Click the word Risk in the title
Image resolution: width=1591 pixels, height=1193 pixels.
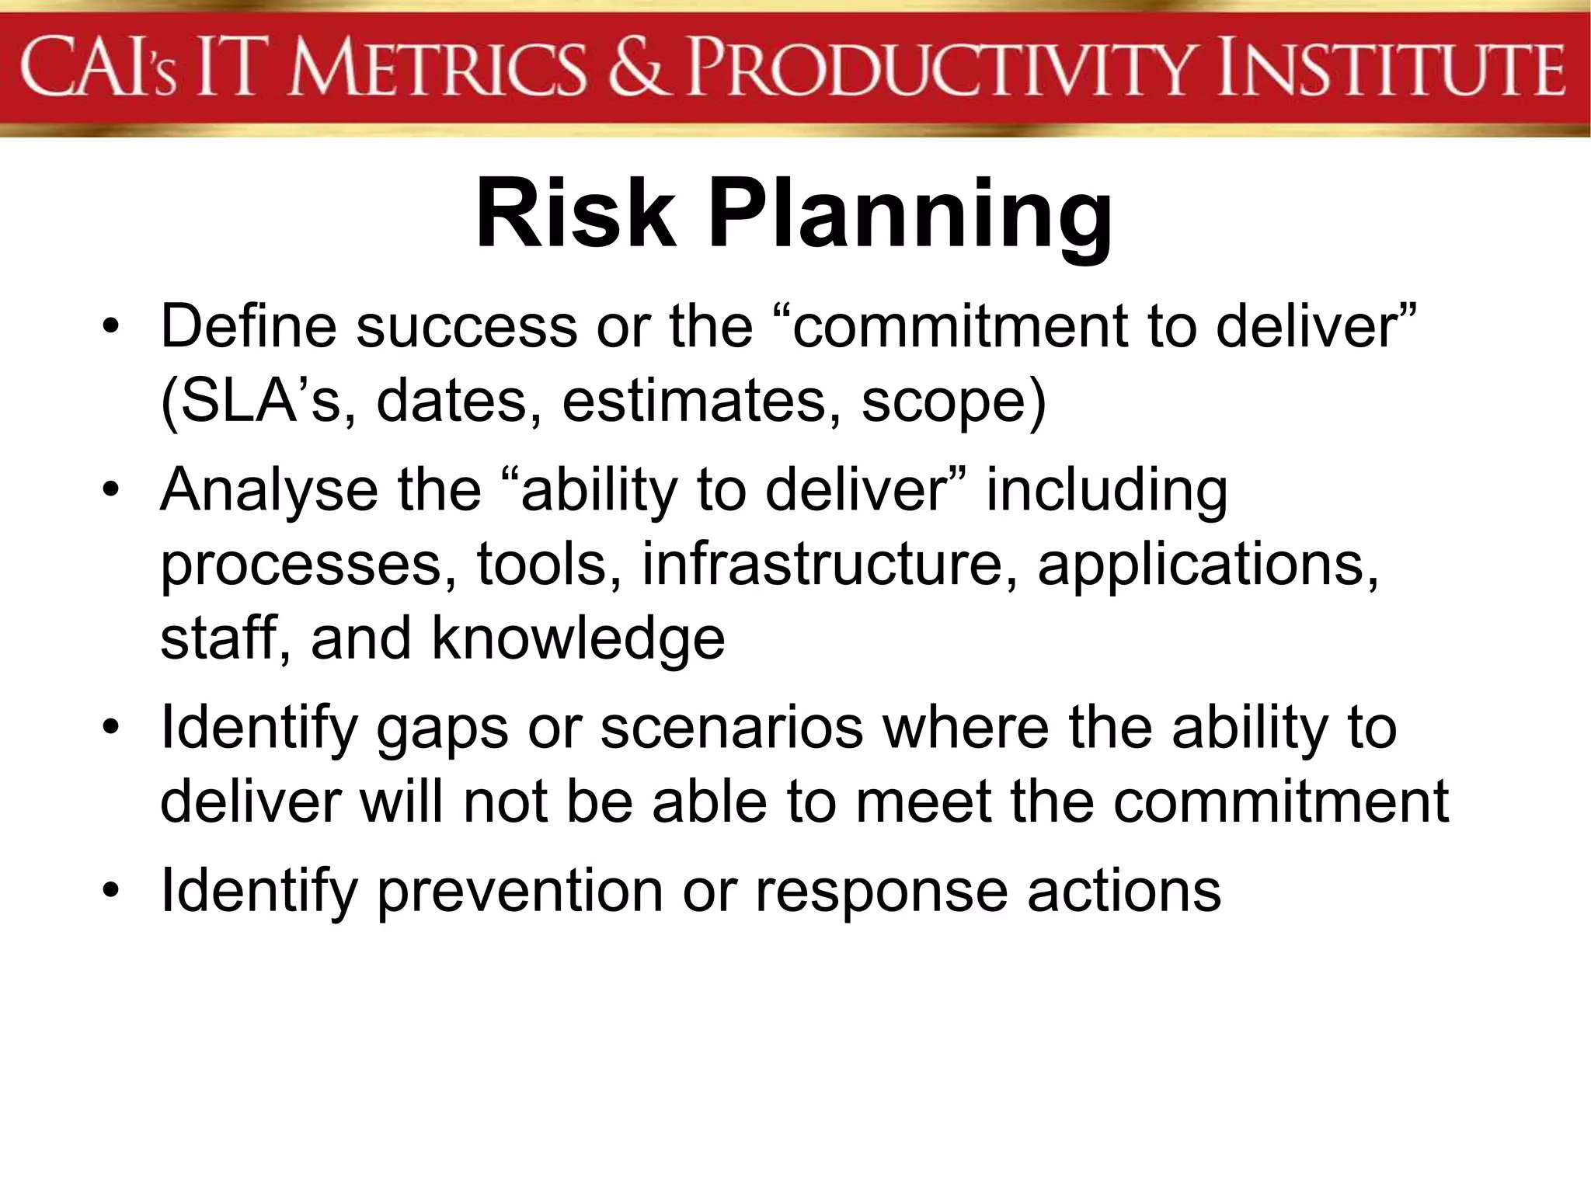click(x=575, y=214)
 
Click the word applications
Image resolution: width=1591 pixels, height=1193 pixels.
click(x=1208, y=565)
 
